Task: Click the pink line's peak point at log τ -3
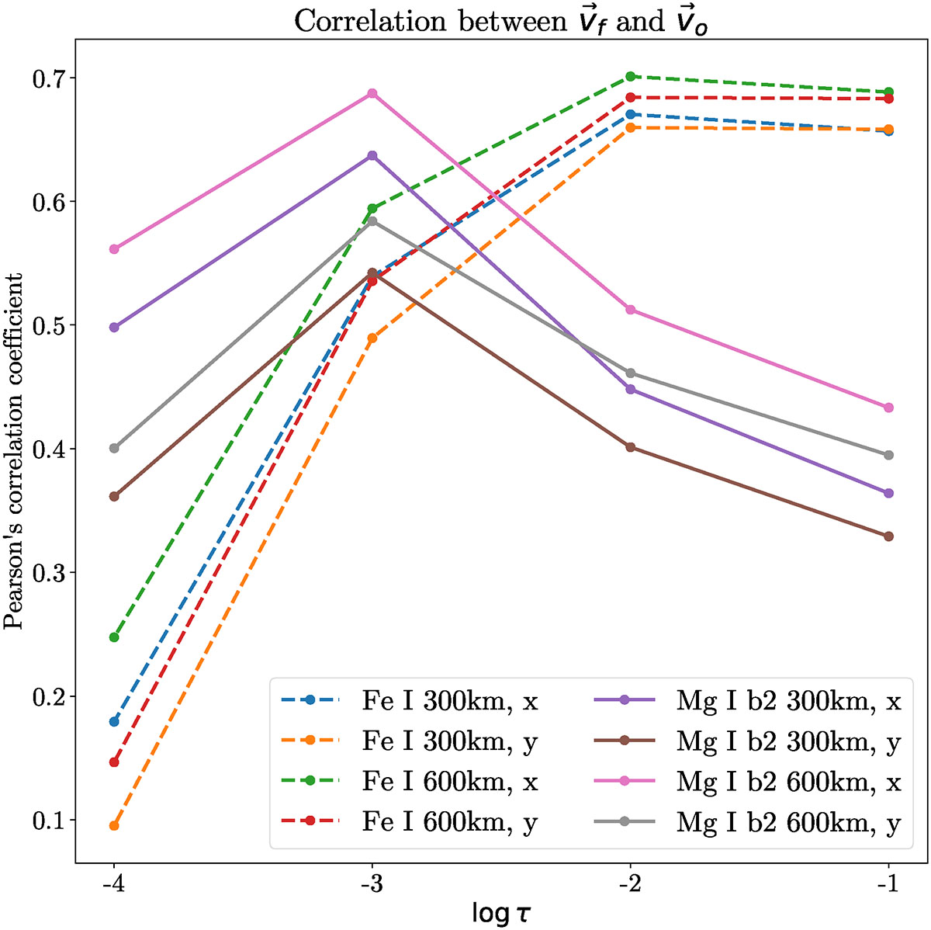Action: [372, 93]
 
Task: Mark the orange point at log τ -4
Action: [114, 825]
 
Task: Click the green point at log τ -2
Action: [630, 76]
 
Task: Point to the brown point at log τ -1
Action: [888, 536]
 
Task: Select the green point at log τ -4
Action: [114, 637]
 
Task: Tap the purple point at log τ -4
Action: [114, 328]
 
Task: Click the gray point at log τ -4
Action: [114, 448]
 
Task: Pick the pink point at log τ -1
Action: [888, 408]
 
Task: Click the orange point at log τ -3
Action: [372, 338]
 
